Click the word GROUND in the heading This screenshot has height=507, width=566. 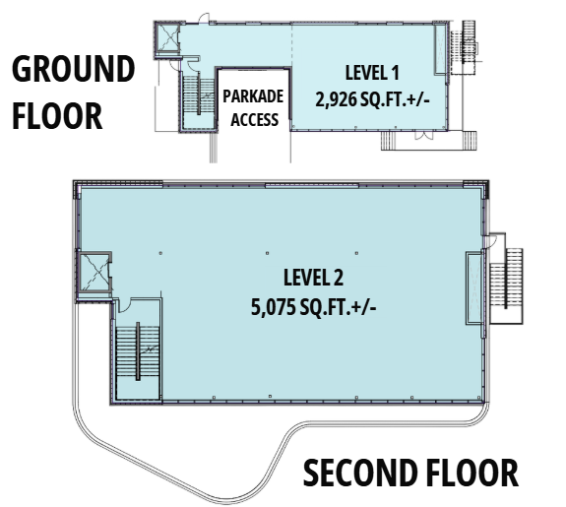[73, 70]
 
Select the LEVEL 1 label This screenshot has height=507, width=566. [372, 72]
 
